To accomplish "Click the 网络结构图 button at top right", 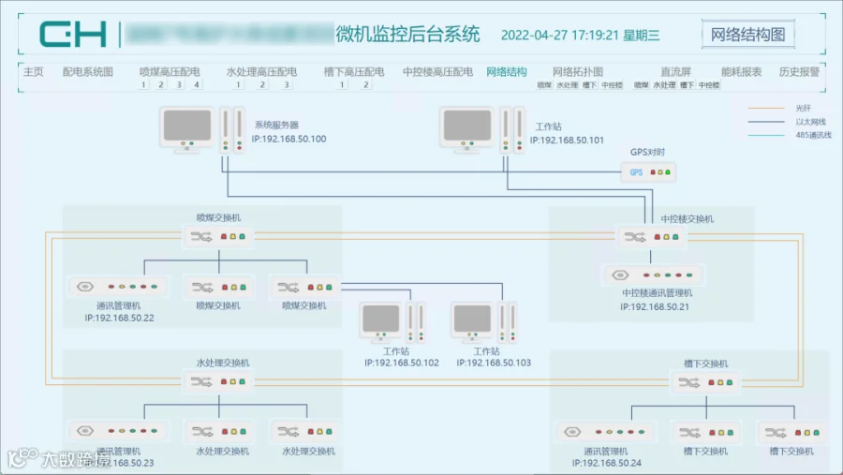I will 747,36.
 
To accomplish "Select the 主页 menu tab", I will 33,72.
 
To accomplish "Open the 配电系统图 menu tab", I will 87,72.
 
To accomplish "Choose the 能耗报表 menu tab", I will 741,72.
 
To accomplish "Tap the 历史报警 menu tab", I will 798,72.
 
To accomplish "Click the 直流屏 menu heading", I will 674,72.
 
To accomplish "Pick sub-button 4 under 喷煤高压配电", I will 197,85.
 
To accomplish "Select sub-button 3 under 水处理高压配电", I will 286,85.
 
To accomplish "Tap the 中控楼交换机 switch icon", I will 652,237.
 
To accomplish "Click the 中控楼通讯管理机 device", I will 654,275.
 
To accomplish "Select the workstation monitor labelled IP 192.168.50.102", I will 385,322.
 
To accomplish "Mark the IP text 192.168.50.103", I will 494,363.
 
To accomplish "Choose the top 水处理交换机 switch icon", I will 217,381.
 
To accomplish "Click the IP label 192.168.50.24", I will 607,463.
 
